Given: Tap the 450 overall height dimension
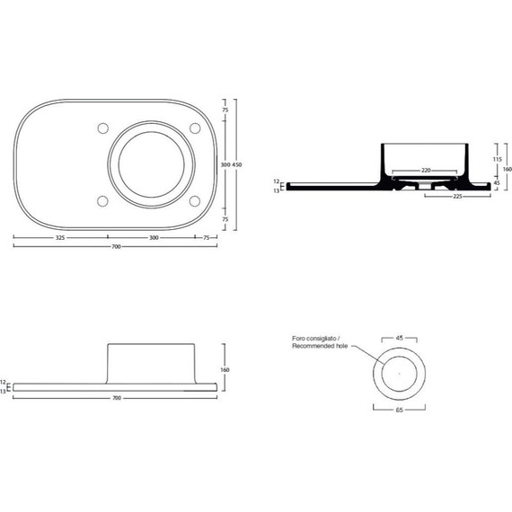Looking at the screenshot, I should (237, 165).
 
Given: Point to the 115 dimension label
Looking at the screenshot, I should (497, 159).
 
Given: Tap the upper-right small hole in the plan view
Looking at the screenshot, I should (193, 128).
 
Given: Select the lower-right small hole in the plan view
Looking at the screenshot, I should (193, 200).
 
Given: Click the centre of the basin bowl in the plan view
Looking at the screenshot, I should (150, 163).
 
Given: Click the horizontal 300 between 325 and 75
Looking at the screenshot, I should (154, 238).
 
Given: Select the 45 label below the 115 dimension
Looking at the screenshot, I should (497, 183).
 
